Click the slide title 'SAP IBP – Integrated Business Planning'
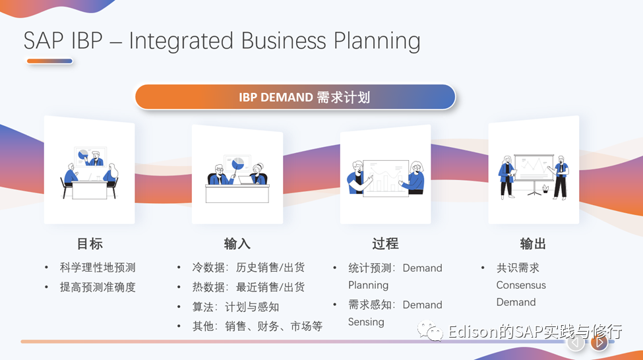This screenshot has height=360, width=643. pos(222,41)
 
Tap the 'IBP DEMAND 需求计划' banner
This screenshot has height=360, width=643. pos(295,98)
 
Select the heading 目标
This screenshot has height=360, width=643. pos(90,244)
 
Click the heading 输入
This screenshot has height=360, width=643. pos(237,244)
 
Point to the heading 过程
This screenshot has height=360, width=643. pos(385,244)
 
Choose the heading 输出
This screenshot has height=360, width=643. pos(533,244)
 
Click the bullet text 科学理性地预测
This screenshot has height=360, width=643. pos(98,268)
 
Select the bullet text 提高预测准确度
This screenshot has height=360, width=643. pos(98,287)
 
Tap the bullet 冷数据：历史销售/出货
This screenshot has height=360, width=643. pos(248,268)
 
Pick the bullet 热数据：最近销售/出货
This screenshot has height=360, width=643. pos(248,287)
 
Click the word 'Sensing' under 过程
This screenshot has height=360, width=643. pos(366,322)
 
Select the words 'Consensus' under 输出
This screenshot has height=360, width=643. pos(521,285)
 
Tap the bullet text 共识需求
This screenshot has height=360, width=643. pos(518,268)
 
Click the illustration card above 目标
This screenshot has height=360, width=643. pos(90,170)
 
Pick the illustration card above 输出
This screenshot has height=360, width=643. pos(534,170)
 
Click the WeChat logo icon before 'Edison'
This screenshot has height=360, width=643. pos(434,331)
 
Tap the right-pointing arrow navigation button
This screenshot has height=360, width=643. pos(599,342)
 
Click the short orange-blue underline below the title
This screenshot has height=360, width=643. pos(49,61)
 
